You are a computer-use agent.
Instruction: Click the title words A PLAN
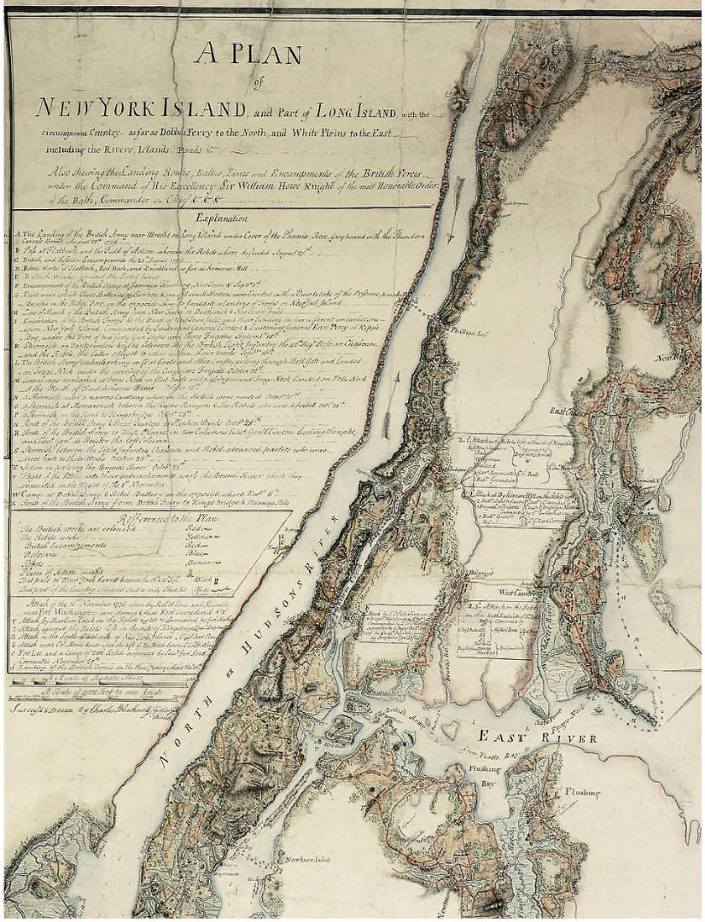[x=248, y=55]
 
